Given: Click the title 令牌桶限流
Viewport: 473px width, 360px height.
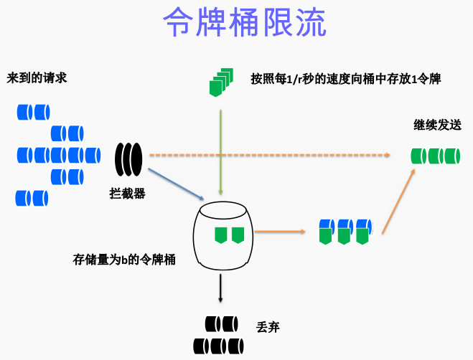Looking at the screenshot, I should (x=245, y=23).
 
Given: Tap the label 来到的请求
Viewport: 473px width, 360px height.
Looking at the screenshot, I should (x=37, y=77).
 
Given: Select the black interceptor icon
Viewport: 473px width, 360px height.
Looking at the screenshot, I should (x=130, y=159).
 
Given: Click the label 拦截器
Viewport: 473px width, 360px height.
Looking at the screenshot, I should (x=128, y=193).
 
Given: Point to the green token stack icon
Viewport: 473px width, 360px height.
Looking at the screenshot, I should (x=220, y=82).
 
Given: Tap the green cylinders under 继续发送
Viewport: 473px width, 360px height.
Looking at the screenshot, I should (x=435, y=156).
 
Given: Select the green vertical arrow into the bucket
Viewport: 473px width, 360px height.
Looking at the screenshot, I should (x=221, y=151).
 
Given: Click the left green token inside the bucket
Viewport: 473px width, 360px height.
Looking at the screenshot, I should (x=221, y=234).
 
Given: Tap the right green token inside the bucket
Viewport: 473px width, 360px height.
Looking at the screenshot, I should (x=238, y=234).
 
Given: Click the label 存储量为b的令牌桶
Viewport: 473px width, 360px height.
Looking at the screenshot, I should (x=124, y=259).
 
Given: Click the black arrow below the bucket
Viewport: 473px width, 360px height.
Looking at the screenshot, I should (x=220, y=290).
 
